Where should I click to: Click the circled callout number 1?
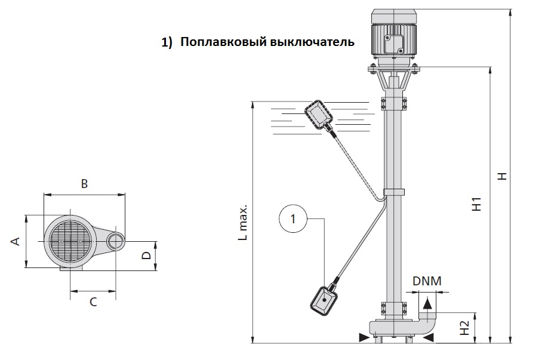293,219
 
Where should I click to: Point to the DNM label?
426,281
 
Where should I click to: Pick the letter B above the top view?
84,184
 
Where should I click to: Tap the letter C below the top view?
93,301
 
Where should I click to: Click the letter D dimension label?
146,256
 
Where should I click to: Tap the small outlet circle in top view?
115,241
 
